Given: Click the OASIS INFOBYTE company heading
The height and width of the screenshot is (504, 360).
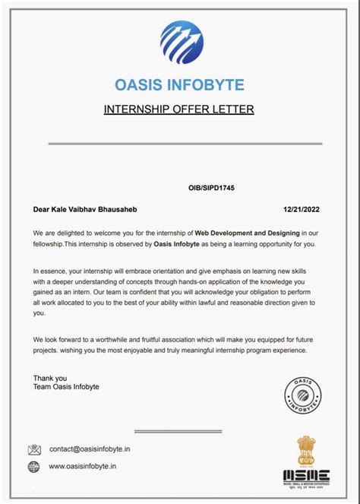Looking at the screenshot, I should point(180,83).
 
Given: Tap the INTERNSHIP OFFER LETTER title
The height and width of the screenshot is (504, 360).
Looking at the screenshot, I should point(179,109).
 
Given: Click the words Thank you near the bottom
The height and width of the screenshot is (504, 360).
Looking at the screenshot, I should point(50,378).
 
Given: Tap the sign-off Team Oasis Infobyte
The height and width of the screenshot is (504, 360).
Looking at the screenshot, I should point(66,387).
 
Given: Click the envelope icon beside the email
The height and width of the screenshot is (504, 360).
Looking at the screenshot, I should point(35,449).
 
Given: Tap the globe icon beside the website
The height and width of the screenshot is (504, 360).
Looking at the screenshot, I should point(35,466).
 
